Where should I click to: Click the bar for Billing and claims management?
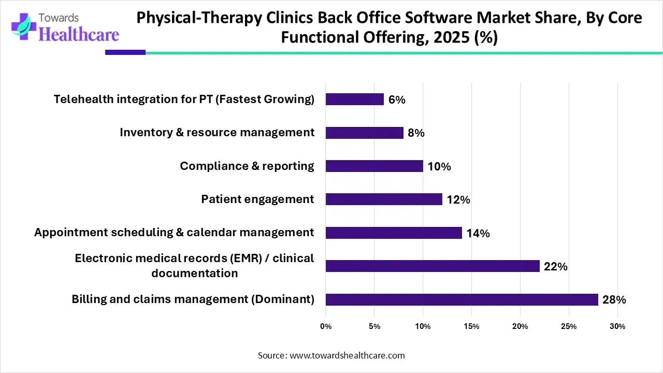click(462, 299)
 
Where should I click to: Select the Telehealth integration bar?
click(355, 99)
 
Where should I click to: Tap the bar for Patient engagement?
click(384, 199)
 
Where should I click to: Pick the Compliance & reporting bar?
click(374, 166)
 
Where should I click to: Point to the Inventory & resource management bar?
click(364, 133)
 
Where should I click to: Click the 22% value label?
click(556, 267)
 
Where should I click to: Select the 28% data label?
click(614, 300)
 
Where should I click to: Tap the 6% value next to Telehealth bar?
click(397, 99)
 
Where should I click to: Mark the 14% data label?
click(478, 234)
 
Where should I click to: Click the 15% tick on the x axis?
click(471, 326)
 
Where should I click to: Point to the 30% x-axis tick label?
click(617, 326)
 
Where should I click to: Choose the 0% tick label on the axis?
click(326, 326)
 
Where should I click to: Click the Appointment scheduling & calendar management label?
click(174, 232)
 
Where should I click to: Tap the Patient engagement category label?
click(257, 199)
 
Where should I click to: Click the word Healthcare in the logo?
click(79, 34)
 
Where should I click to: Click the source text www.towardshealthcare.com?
click(347, 355)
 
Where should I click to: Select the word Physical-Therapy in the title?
click(199, 18)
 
